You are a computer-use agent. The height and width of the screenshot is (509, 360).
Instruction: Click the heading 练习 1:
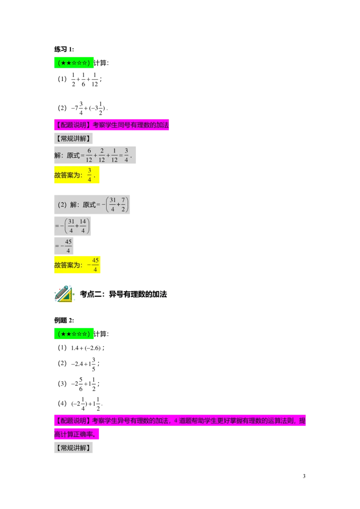click(x=64, y=49)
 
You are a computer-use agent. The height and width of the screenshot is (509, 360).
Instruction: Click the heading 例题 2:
click(x=64, y=321)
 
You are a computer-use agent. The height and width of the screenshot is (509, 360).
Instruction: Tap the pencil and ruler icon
click(x=64, y=294)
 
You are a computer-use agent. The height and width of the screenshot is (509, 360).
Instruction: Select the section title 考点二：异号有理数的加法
click(x=123, y=294)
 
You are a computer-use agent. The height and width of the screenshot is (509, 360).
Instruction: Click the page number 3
click(x=304, y=476)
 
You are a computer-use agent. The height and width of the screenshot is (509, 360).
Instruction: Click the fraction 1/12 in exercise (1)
click(x=94, y=80)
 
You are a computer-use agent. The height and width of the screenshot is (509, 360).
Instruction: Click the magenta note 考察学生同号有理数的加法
click(x=130, y=125)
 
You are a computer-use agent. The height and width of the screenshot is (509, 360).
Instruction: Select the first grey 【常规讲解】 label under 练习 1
click(x=73, y=138)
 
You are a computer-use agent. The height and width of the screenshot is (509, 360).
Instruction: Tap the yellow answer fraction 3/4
click(x=90, y=175)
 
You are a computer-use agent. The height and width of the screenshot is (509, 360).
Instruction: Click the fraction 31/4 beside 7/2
click(x=112, y=205)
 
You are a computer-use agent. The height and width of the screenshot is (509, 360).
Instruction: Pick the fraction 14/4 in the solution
click(x=83, y=226)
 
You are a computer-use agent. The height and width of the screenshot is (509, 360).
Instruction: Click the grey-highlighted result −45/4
click(x=64, y=246)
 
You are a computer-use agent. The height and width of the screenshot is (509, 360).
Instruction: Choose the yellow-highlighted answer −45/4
click(x=93, y=265)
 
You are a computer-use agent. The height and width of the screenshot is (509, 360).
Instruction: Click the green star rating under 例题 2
click(x=74, y=334)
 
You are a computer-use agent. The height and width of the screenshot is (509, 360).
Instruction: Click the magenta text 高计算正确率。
click(x=76, y=434)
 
